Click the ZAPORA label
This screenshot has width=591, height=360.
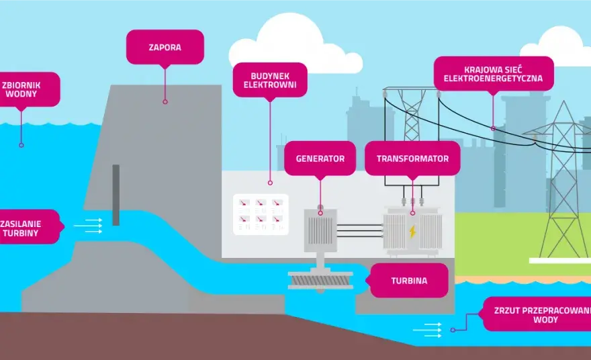[x=165, y=47]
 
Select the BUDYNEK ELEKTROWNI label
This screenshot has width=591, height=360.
[x=270, y=80]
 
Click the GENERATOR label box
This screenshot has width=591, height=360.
[x=320, y=159]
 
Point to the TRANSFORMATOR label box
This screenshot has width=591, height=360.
[x=412, y=159]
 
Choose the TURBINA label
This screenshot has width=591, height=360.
[x=409, y=281]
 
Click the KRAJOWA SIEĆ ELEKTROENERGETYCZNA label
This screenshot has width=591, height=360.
[x=494, y=74]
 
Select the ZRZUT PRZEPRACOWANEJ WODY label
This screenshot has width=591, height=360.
[x=537, y=314]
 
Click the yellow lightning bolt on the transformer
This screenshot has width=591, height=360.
[x=413, y=232]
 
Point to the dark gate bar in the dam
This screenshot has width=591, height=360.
[x=116, y=195]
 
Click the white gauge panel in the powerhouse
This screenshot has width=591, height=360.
[x=261, y=214]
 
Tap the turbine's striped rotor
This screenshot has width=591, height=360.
[x=320, y=281]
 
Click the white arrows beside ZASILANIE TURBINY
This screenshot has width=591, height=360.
[x=88, y=226]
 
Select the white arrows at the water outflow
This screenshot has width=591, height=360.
[x=427, y=330]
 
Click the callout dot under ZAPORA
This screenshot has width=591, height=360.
[x=165, y=102]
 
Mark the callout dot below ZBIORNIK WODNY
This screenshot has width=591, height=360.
[x=21, y=145]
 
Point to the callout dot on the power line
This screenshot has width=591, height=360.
[x=493, y=128]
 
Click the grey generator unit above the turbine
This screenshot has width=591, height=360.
[x=320, y=230]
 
